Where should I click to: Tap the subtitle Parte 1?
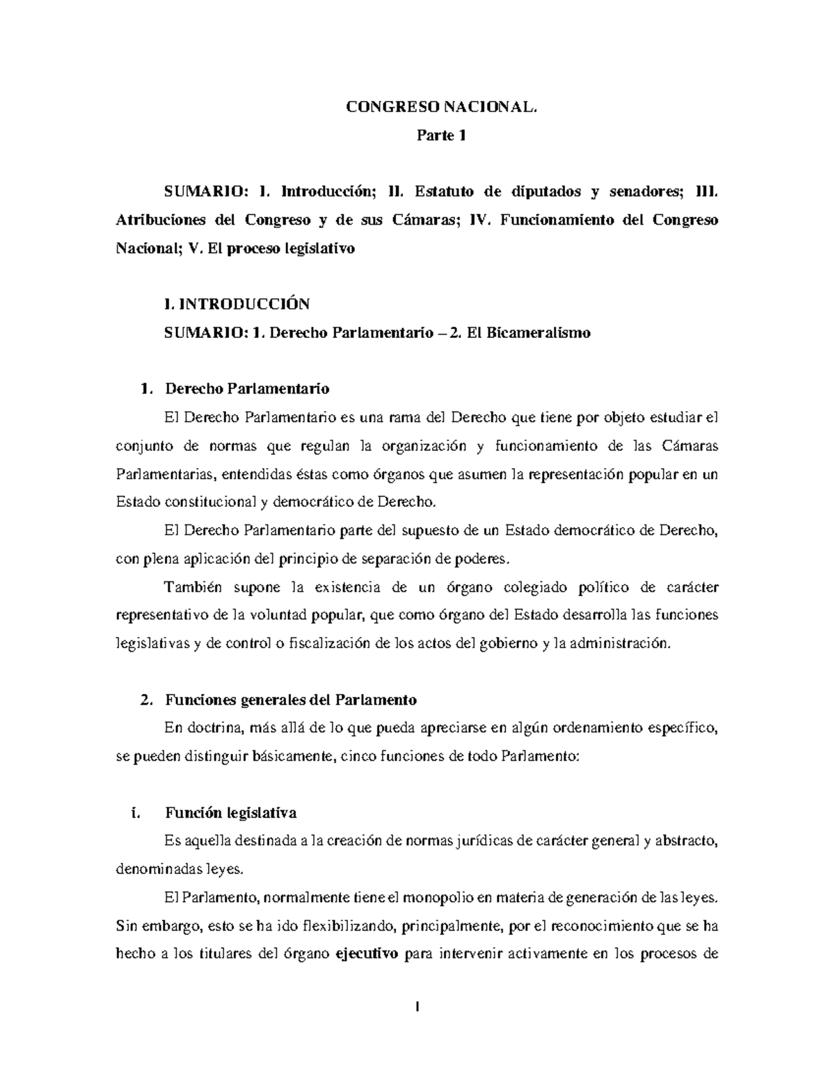440,136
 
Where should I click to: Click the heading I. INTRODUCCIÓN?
235,304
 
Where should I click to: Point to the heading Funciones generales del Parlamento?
290,699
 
